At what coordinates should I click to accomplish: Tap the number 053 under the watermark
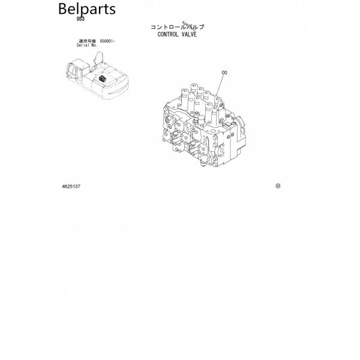tap(81, 20)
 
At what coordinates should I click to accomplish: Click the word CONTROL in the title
tap(169, 34)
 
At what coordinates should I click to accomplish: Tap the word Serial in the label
tap(83, 45)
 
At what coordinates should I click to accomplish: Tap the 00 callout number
tap(224, 73)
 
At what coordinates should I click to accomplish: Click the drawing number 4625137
tap(71, 186)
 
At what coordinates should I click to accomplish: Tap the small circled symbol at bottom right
tap(277, 185)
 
